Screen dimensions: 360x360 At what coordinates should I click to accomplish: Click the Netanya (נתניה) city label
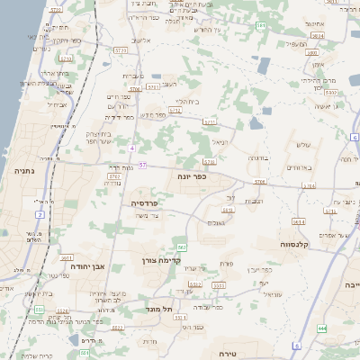click(23, 170)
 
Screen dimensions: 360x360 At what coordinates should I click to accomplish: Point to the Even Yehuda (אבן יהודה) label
click(90, 266)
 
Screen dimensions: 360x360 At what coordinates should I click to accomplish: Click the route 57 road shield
click(142, 166)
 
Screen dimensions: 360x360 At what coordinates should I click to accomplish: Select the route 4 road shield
click(132, 147)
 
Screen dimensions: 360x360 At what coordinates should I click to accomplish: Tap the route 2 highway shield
click(40, 215)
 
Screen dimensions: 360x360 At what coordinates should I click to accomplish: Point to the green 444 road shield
click(321, 328)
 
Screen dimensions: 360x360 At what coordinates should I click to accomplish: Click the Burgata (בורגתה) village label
click(258, 158)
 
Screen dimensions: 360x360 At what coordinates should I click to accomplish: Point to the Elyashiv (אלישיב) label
click(141, 40)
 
